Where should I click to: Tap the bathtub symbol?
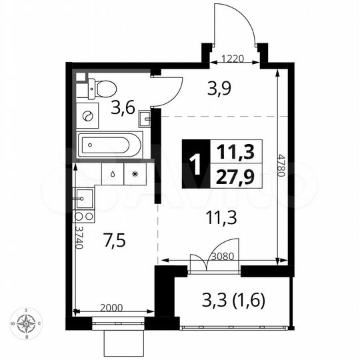110,143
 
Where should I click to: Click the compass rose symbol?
27,325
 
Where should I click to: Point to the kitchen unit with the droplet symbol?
112,174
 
